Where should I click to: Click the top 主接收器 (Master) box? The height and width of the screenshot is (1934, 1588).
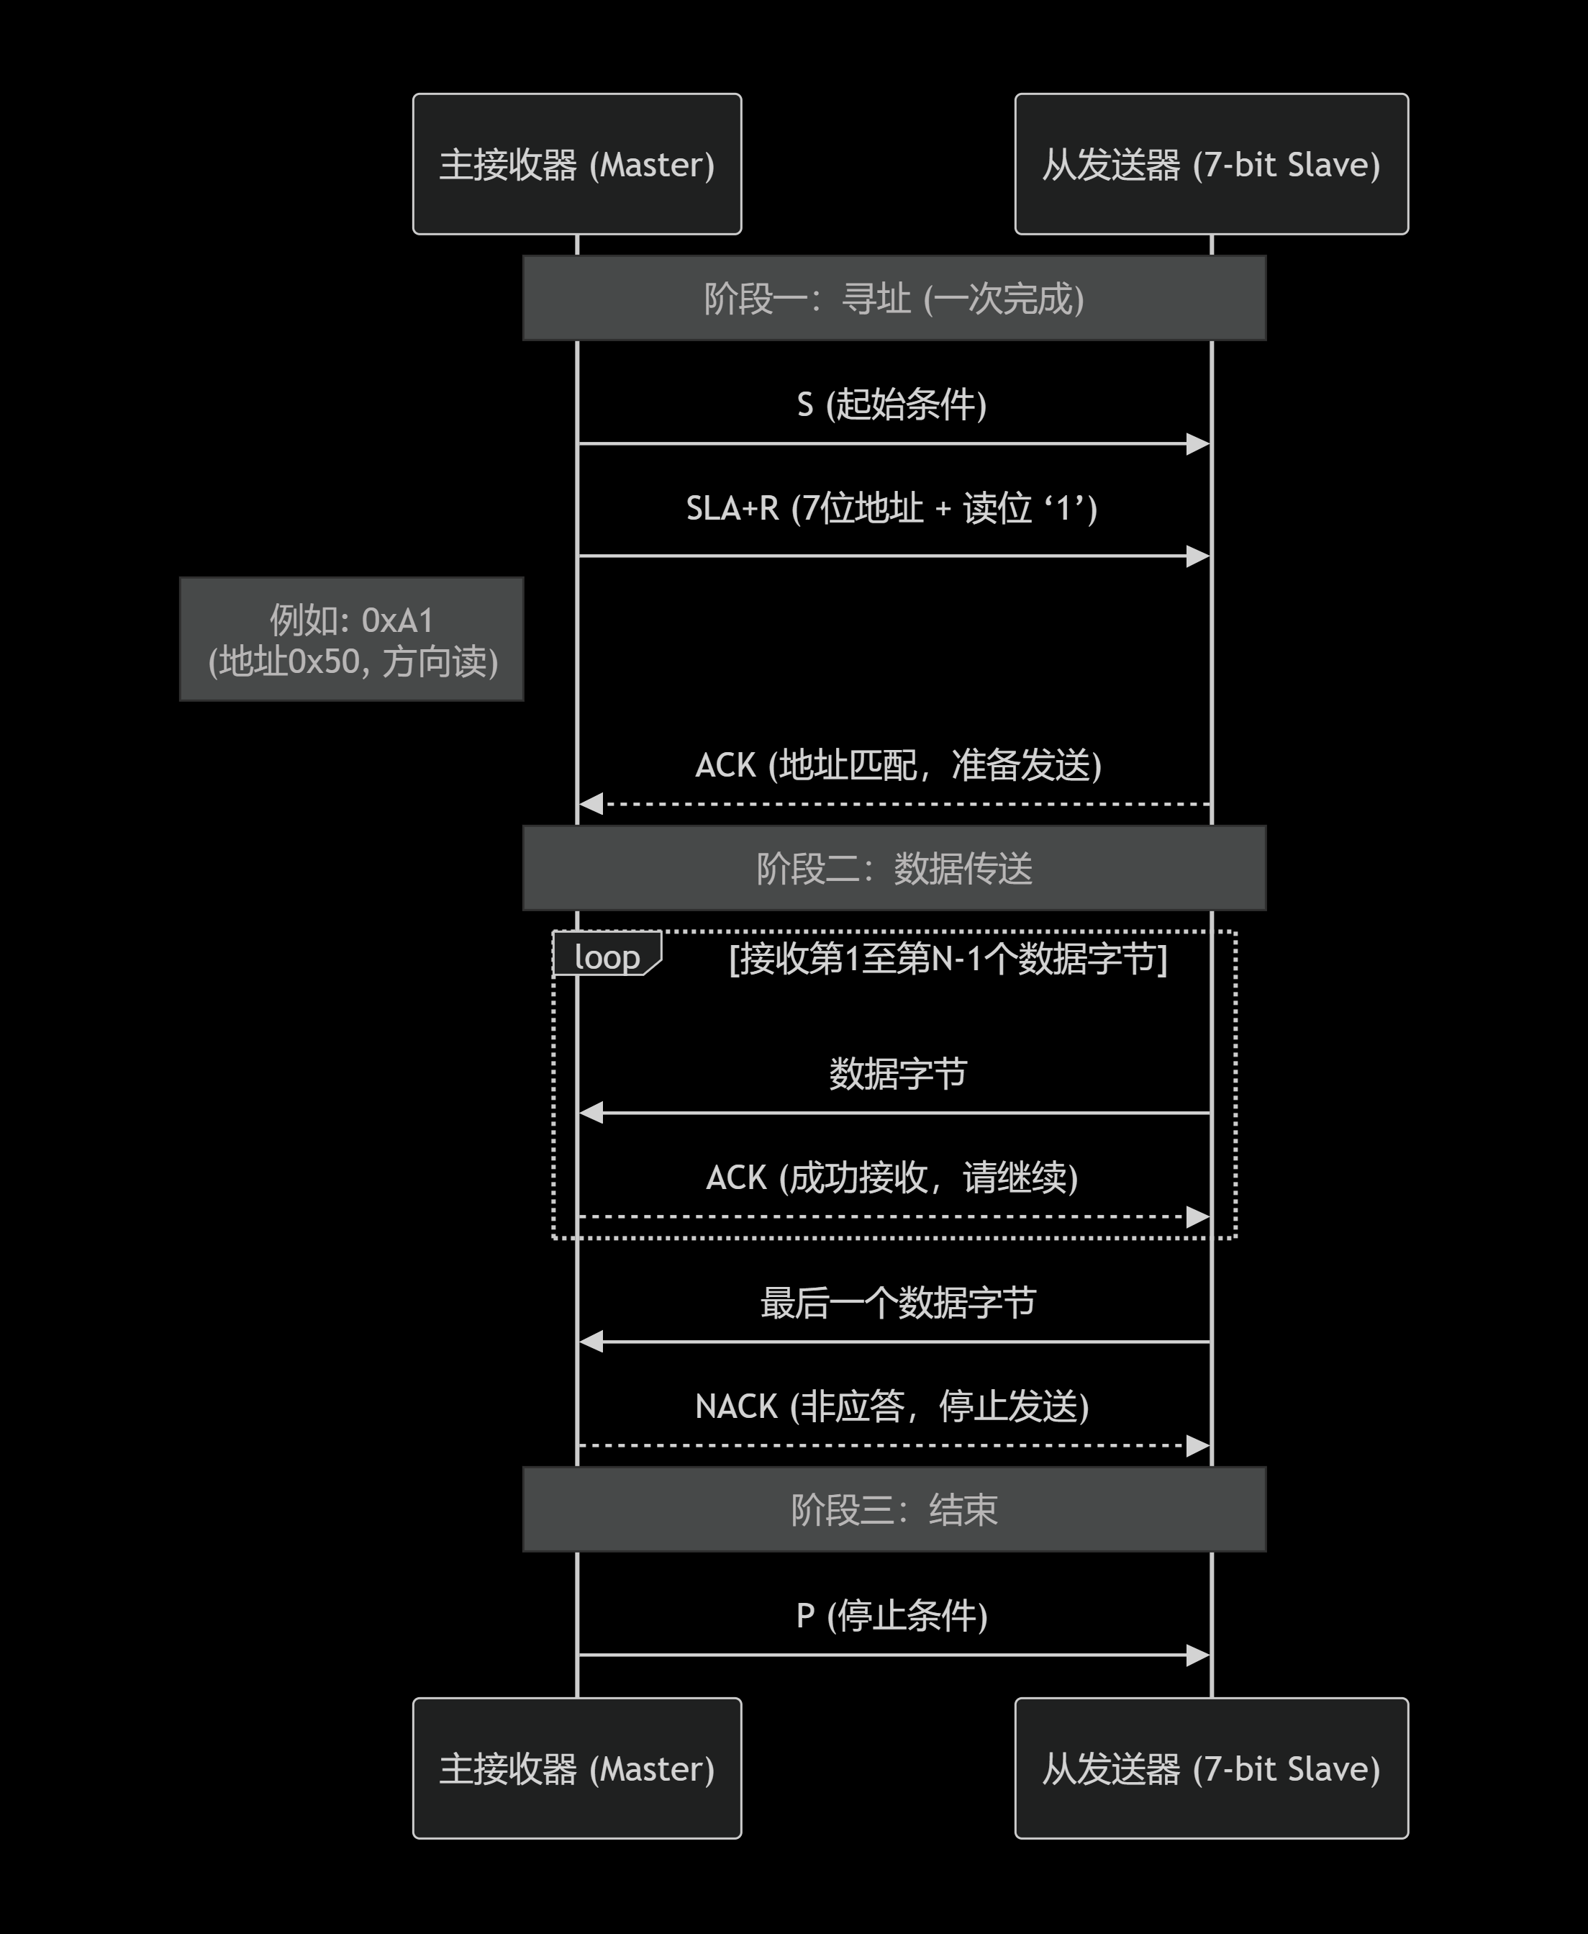click(576, 164)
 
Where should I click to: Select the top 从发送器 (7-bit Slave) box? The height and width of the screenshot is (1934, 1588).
click(1210, 164)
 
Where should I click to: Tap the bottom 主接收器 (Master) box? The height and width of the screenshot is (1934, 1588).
click(576, 1768)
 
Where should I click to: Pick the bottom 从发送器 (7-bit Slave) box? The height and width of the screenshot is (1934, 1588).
click(1210, 1768)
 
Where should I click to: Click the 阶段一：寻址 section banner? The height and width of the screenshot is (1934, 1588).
click(894, 298)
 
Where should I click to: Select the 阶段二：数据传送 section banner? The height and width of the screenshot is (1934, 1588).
click(894, 868)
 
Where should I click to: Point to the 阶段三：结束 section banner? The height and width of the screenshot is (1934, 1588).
click(894, 1509)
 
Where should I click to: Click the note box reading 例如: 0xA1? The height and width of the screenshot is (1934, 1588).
click(351, 639)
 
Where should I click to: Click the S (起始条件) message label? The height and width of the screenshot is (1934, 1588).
click(892, 405)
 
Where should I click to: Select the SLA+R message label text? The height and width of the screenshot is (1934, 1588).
click(892, 507)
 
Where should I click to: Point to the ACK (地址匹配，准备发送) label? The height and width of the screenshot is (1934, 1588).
click(898, 765)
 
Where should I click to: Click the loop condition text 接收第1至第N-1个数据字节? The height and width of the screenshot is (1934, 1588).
click(948, 959)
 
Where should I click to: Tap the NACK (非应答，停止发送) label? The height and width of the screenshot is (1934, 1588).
click(892, 1406)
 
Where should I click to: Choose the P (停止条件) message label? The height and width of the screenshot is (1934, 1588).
click(892, 1616)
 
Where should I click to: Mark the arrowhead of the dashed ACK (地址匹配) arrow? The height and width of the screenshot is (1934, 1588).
click(590, 804)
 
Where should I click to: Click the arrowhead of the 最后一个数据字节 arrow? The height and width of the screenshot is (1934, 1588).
click(590, 1342)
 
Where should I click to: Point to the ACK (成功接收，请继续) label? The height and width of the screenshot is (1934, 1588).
click(892, 1178)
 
